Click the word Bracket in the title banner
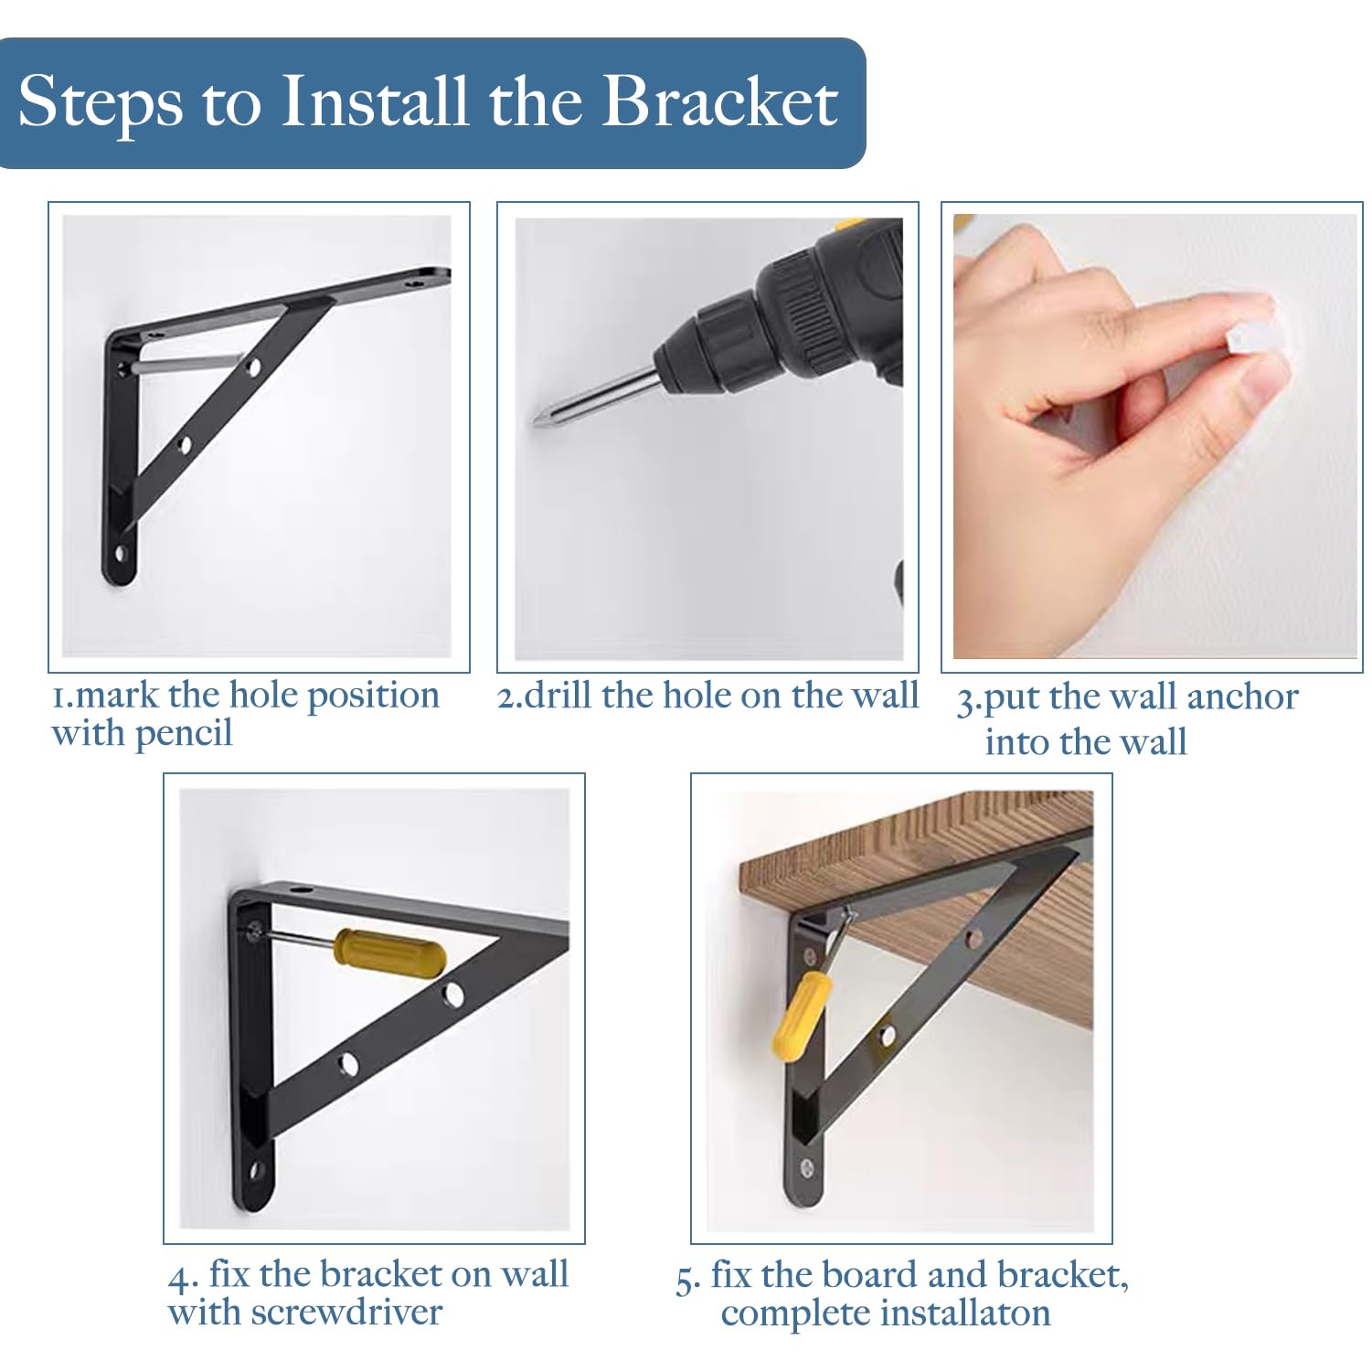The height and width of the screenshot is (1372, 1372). (718, 101)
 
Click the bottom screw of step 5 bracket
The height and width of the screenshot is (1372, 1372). (807, 1167)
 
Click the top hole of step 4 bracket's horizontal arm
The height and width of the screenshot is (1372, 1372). (297, 889)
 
